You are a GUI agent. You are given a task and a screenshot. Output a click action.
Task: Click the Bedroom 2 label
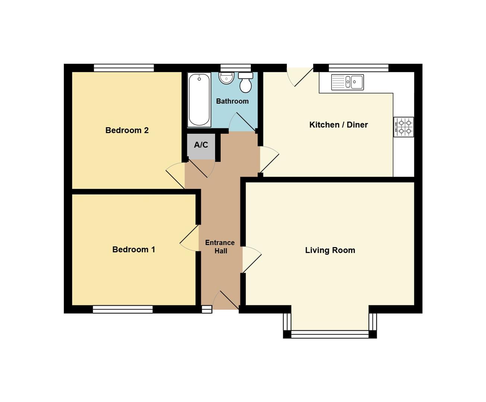coord(127,130)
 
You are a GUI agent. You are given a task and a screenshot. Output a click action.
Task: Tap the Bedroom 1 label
coord(133,249)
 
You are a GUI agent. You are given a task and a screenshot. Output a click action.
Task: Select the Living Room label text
coord(330,250)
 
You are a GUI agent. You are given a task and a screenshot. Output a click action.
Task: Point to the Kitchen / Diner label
coord(338,125)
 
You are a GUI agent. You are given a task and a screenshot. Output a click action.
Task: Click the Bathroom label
coord(232,101)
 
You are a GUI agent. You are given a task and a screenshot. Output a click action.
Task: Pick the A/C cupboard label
coord(201,145)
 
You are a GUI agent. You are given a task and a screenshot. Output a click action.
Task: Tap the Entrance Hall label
coord(220,247)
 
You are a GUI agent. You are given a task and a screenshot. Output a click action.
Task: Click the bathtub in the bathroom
coord(199,100)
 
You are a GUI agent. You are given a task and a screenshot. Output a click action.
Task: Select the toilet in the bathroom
coord(245,82)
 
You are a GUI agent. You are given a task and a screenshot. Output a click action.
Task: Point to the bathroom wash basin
coord(226,78)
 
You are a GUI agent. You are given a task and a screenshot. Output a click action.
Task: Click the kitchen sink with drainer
coord(347,82)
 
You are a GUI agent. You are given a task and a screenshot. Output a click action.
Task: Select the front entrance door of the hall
coord(226,300)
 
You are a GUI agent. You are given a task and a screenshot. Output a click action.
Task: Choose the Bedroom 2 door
coord(176,176)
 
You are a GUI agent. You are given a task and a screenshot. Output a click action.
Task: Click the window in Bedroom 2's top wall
coord(124,68)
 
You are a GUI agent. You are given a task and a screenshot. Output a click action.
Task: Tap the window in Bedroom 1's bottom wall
coord(123,309)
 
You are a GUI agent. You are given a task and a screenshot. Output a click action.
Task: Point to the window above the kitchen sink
coord(359,68)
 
